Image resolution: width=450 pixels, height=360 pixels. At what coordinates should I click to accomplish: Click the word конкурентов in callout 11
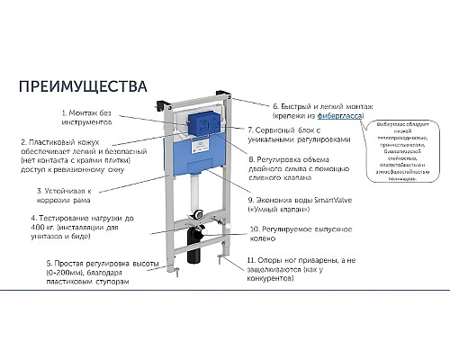[270, 280]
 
